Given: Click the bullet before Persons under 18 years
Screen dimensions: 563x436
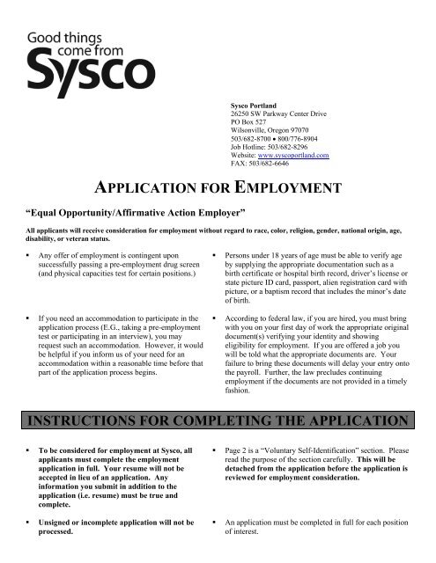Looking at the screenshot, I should point(217,256).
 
